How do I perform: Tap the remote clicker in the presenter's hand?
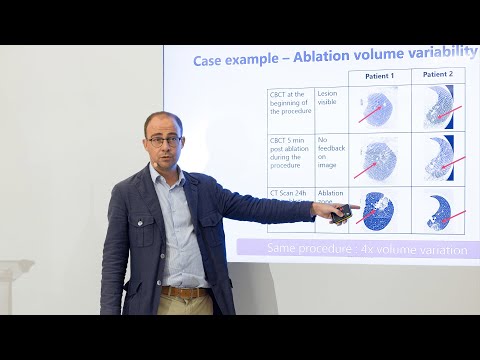point(343,212)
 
